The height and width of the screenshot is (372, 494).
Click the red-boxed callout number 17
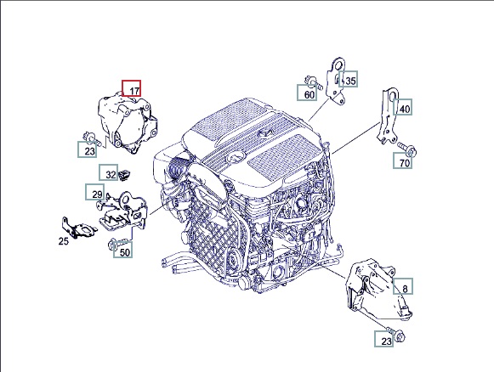coord(132,88)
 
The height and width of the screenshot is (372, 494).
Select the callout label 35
coord(348,79)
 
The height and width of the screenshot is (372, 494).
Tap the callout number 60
coord(307,93)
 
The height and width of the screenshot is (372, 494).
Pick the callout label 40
coord(403,107)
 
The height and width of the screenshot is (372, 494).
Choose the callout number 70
coord(403,161)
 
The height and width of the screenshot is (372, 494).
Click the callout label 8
coord(403,286)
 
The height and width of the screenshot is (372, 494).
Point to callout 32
coord(109,172)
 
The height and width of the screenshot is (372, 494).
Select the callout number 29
coord(95,192)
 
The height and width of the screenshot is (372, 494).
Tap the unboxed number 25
coord(63,241)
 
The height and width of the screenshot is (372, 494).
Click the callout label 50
coord(123,250)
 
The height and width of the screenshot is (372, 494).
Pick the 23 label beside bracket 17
coord(88,149)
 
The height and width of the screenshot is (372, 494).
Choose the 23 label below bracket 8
coord(384,339)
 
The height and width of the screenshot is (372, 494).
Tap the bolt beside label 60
coord(313,82)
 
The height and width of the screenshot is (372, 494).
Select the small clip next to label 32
coord(125,174)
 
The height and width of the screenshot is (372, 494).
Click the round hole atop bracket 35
coord(339,65)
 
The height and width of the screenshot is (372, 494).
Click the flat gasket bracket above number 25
coord(79,228)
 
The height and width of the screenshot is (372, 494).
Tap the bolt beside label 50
coord(117,244)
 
